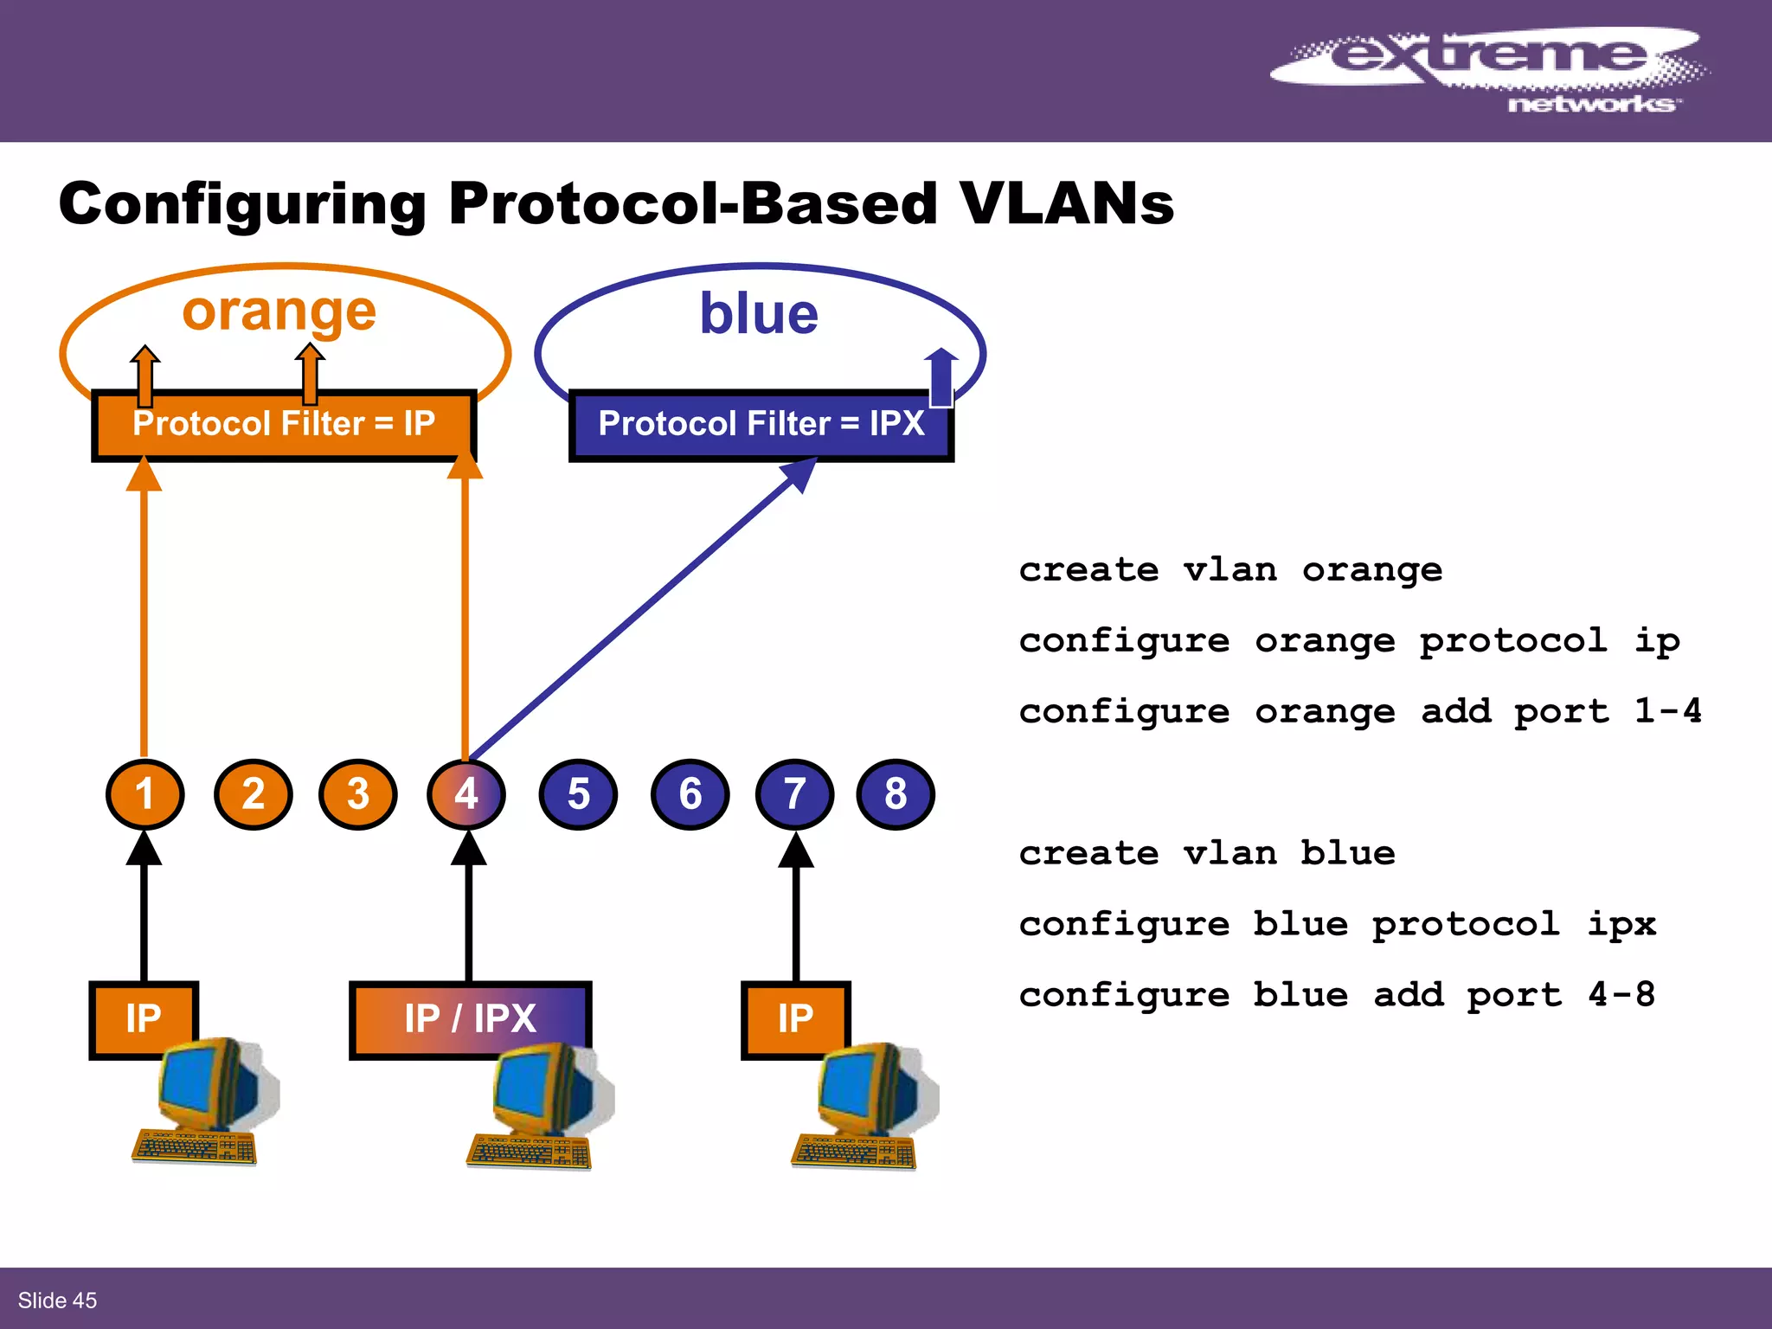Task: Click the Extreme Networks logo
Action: pyautogui.click(x=1488, y=69)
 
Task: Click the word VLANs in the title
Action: pyautogui.click(x=1066, y=204)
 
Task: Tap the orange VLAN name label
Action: pyautogui.click(x=279, y=311)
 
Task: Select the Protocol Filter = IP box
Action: pyautogui.click(x=283, y=425)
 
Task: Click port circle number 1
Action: pyautogui.click(x=144, y=793)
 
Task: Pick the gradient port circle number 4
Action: pyautogui.click(x=466, y=793)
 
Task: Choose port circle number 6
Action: pyautogui.click(x=690, y=793)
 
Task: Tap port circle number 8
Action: pyautogui.click(x=896, y=793)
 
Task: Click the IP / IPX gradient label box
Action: pyautogui.click(x=470, y=1018)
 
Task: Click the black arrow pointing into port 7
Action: pyautogui.click(x=796, y=908)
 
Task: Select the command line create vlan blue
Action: pyautogui.click(x=1206, y=854)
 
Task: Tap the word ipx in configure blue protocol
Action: pyautogui.click(x=1621, y=925)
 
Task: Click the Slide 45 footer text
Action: pyautogui.click(x=57, y=1300)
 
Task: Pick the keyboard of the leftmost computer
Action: pyautogui.click(x=194, y=1147)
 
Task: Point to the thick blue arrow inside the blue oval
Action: pyautogui.click(x=941, y=377)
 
